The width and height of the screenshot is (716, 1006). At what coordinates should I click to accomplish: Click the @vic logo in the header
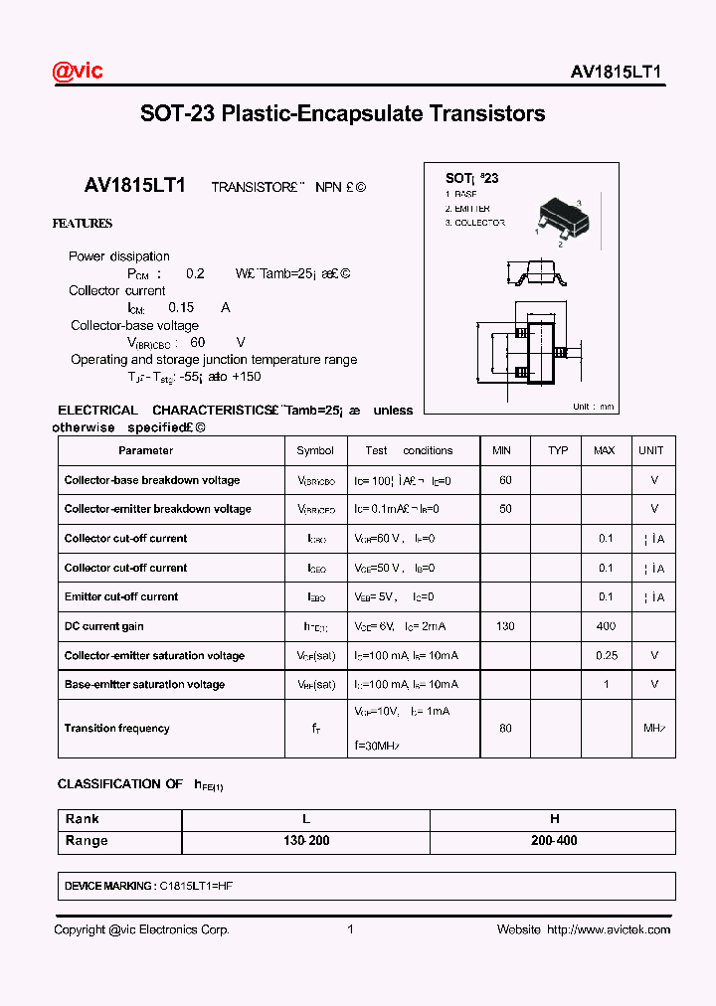point(78,71)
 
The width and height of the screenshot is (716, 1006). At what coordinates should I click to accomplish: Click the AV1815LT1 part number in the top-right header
point(616,73)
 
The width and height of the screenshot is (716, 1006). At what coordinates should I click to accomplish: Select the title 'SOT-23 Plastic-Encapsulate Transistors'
point(342,113)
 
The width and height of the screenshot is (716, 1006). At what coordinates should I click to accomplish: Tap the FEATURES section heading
point(83,224)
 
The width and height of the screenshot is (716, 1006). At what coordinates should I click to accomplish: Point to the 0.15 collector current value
point(181,308)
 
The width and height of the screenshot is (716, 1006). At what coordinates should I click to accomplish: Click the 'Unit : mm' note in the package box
point(594,407)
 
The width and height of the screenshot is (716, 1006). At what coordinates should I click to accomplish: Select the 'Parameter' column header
point(145,450)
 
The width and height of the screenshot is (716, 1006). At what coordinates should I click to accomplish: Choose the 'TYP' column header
point(558,450)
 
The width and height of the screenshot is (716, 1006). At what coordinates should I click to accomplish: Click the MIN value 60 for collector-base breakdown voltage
point(505,480)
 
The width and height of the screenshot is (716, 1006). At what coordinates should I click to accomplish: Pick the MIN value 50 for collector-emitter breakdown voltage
point(505,509)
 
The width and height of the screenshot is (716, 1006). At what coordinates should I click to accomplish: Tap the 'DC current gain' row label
point(104,626)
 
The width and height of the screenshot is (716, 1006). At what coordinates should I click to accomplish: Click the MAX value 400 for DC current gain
point(605,626)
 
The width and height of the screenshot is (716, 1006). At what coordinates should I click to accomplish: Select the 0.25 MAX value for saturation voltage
point(606,656)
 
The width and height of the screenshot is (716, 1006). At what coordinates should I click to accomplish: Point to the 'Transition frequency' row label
point(116,729)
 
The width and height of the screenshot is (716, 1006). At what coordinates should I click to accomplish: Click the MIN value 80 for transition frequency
point(505,729)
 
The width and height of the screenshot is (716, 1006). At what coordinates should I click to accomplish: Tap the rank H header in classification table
point(554,819)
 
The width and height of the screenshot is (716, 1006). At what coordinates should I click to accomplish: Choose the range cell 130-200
point(306,841)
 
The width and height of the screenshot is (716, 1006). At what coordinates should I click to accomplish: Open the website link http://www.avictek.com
point(609,929)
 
